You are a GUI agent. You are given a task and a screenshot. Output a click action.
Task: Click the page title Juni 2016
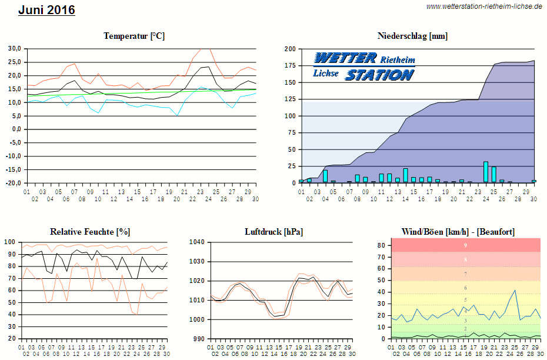pos(46,10)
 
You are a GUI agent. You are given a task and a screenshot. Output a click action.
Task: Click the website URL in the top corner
pos(484,6)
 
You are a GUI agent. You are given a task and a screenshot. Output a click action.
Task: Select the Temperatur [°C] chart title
pos(134,36)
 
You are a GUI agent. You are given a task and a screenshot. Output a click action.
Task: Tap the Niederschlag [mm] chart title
pos(412,36)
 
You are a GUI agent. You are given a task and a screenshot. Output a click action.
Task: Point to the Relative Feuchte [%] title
pos(90,232)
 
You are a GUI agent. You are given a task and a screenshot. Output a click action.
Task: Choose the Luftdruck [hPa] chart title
pos(274,232)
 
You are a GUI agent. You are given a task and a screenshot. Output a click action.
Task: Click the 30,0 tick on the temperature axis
pos(14,48)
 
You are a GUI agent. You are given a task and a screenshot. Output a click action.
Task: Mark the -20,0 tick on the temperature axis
pos(13,183)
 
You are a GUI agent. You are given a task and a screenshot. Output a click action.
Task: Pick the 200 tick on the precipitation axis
pos(289,49)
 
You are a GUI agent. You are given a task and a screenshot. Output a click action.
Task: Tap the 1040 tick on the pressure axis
pos(197,242)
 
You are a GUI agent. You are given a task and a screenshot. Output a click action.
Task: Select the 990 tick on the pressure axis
pos(199,339)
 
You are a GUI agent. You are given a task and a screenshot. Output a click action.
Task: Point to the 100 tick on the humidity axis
pos(9,242)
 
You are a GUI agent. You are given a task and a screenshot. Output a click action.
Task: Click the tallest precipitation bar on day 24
pos(486,172)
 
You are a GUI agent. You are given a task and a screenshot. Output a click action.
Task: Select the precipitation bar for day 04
pos(325,176)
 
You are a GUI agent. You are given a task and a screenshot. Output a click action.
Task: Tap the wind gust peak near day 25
pos(515,291)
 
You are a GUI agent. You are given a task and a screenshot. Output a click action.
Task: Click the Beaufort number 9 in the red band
pos(465,245)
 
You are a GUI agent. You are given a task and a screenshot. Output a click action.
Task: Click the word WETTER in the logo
pos(345,58)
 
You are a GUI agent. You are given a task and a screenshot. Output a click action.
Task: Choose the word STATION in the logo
pos(379,75)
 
